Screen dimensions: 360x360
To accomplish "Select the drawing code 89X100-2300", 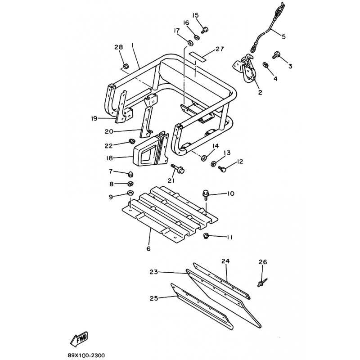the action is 86,355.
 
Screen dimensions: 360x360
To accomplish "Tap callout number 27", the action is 220,49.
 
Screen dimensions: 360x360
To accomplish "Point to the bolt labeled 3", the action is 275,55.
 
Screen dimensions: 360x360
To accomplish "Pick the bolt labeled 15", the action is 205,30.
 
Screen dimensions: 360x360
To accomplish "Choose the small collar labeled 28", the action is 126,66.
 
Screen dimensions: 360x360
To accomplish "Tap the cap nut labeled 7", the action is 130,174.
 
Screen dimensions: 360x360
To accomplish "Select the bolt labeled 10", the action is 205,195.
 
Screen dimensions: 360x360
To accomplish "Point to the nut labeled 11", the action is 207,235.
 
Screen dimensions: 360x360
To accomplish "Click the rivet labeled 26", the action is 262,282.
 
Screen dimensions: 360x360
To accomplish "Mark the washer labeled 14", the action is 203,158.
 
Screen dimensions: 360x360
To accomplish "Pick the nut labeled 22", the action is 131,141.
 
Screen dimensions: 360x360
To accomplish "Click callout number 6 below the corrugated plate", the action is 148,248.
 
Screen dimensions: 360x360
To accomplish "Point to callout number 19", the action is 94,118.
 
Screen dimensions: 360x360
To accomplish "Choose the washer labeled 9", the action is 130,193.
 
